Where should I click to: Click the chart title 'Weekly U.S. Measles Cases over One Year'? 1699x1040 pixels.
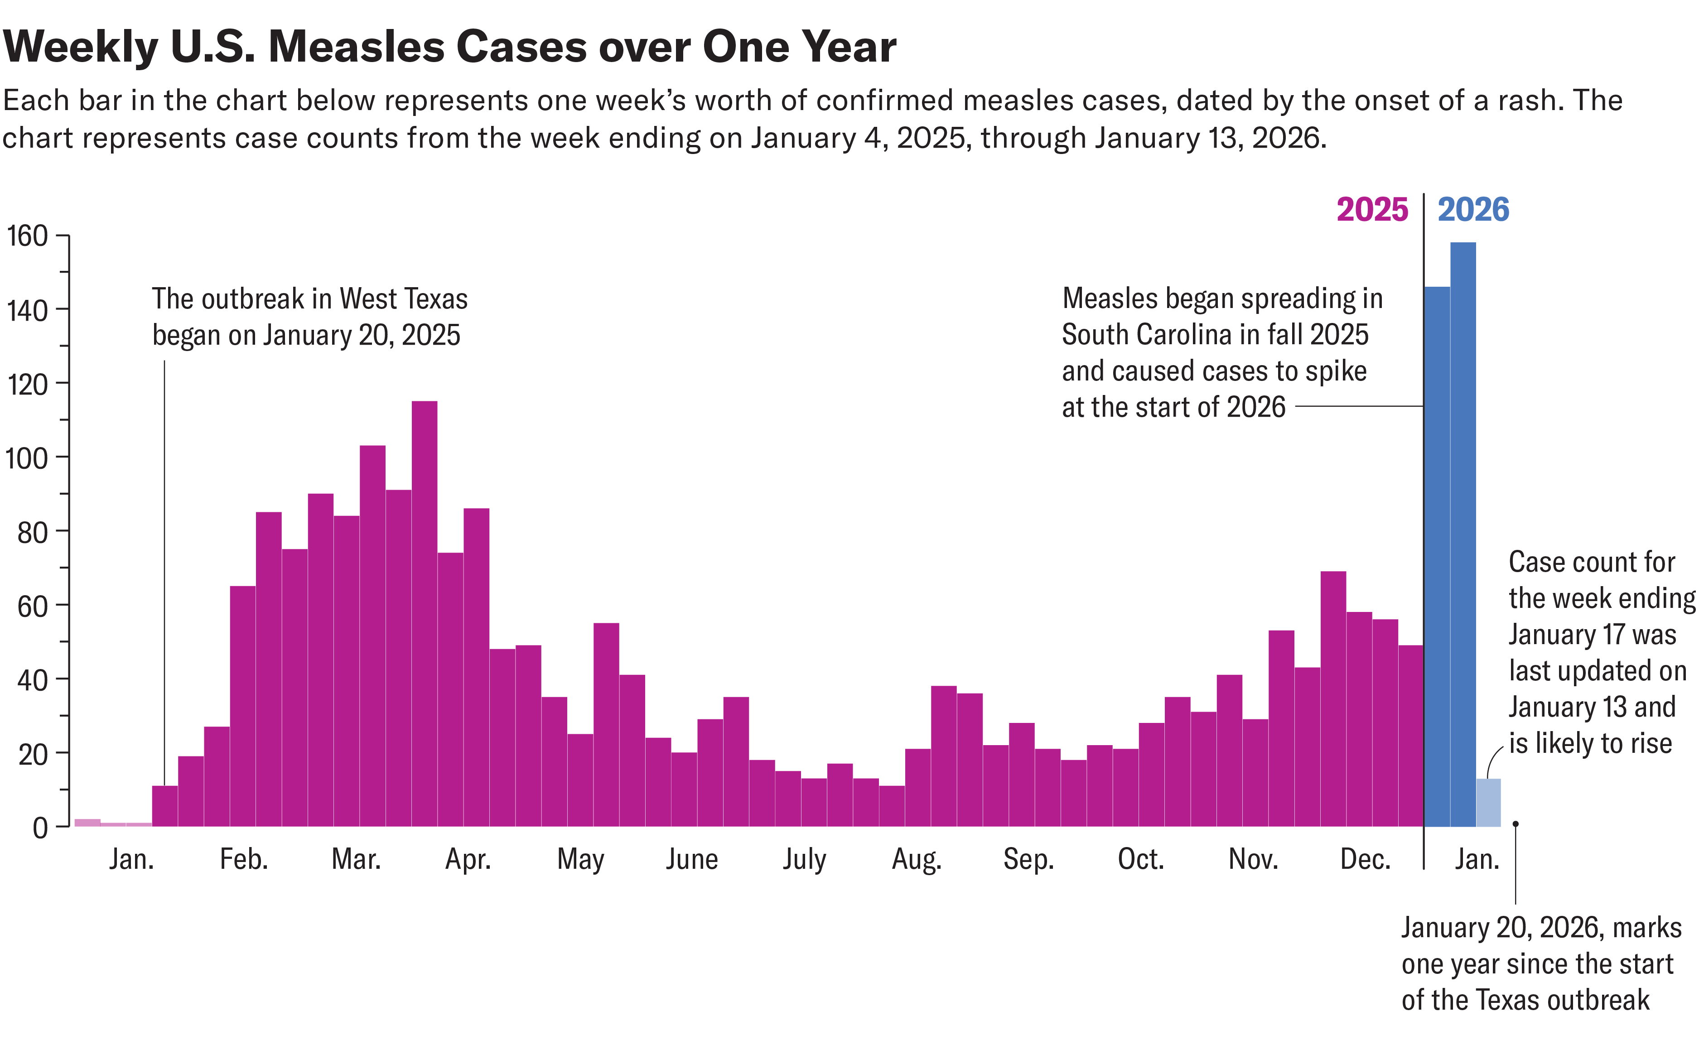click(449, 47)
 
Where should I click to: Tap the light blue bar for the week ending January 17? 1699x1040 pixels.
click(1488, 803)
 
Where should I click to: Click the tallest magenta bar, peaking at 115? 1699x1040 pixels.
click(424, 613)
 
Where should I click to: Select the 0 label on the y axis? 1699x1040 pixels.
click(40, 828)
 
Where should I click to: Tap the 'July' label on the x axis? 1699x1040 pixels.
click(804, 859)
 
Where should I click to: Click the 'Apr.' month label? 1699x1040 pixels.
click(468, 859)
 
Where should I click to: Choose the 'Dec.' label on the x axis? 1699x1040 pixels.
click(1365, 859)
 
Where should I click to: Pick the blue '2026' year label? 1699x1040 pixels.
click(1473, 210)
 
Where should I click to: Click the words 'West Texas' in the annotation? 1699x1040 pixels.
click(403, 299)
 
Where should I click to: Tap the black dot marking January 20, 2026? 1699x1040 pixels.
click(1515, 823)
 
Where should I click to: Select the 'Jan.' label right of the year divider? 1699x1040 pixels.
click(1477, 859)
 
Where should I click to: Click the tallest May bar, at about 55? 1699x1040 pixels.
click(606, 724)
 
